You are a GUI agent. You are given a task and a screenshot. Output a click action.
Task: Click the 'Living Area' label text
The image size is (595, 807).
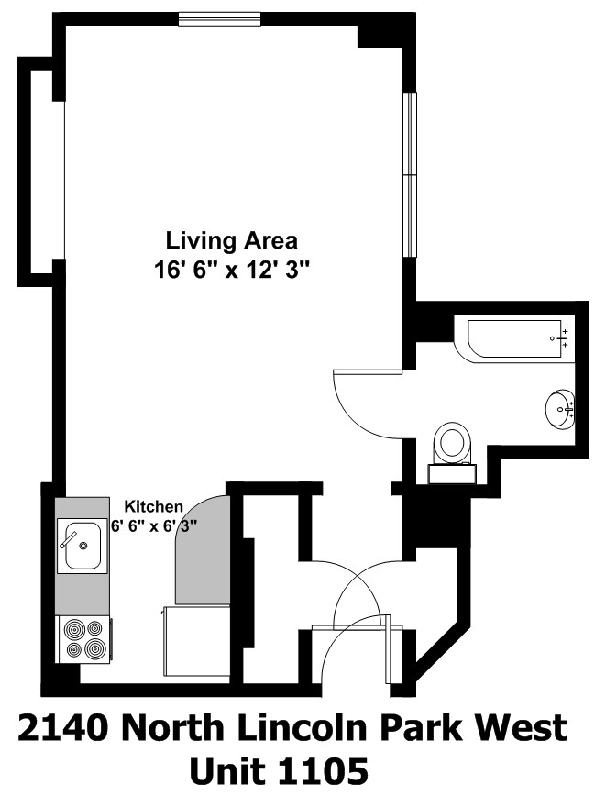click(231, 241)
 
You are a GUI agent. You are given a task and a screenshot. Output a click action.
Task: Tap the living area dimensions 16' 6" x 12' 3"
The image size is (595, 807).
click(232, 271)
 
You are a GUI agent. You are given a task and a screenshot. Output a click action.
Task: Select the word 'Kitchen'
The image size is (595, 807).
click(154, 507)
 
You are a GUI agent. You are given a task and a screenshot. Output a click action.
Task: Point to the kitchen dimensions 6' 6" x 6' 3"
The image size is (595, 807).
click(155, 526)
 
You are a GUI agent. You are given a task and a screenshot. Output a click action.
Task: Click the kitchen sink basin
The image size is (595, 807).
click(80, 546)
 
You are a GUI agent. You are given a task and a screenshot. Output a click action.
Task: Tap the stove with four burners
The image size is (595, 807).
click(84, 638)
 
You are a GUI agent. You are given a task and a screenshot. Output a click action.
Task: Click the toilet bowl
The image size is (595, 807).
click(452, 443)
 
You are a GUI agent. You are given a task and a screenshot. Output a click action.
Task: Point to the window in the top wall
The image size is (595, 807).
click(220, 18)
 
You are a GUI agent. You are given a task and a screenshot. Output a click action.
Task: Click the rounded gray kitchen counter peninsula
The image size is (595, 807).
click(199, 550)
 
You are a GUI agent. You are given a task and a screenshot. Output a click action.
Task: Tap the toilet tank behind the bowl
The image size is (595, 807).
click(452, 473)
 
